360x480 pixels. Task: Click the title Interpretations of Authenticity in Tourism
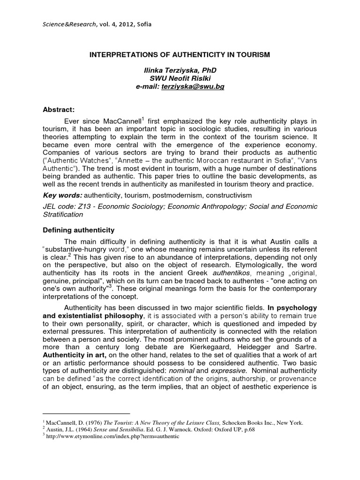point(180,55)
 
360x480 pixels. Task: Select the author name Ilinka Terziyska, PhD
point(180,70)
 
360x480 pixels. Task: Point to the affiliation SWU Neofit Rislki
point(180,78)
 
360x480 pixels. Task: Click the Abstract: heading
point(60,109)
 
